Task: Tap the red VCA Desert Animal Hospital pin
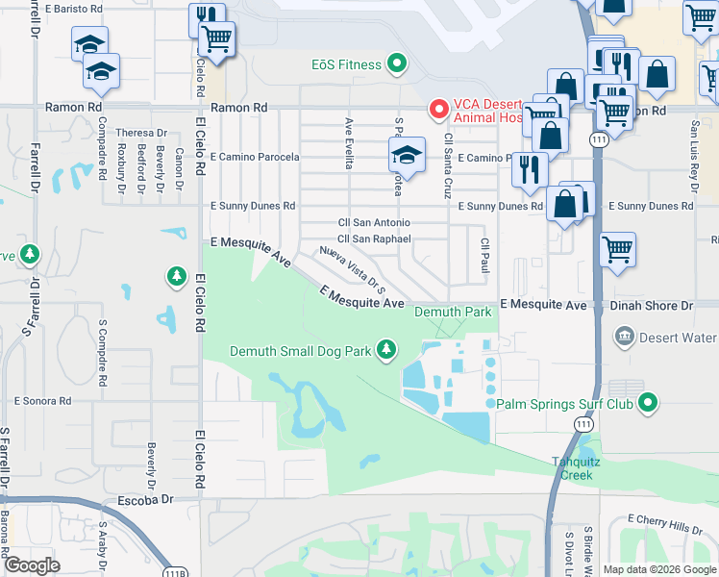click(x=438, y=110)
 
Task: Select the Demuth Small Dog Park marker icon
click(x=386, y=350)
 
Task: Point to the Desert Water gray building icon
click(x=624, y=338)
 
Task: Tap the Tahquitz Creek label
click(x=578, y=468)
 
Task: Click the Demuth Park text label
click(x=453, y=313)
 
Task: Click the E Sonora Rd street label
click(x=44, y=399)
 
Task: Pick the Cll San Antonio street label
click(x=373, y=223)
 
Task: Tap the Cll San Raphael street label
click(x=374, y=239)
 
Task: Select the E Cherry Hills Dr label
click(x=670, y=519)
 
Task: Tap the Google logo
click(x=32, y=565)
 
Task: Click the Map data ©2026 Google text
click(x=658, y=569)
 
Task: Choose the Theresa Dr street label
click(x=141, y=133)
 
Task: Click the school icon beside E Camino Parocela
click(x=407, y=157)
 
